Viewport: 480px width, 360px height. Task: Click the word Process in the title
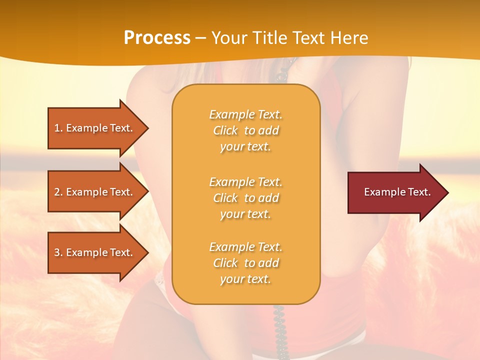coord(157,38)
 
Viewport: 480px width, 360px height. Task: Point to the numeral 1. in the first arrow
coord(58,128)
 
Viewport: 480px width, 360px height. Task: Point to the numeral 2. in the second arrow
coord(58,192)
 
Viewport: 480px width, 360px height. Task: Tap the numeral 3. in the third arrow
coord(58,252)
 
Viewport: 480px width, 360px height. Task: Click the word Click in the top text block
coord(225,130)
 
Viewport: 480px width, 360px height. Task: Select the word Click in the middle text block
coord(225,198)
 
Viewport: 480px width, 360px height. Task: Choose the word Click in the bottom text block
coord(225,263)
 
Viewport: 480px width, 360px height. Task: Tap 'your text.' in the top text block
coord(245,147)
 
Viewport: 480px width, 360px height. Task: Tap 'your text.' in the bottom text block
coord(245,279)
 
